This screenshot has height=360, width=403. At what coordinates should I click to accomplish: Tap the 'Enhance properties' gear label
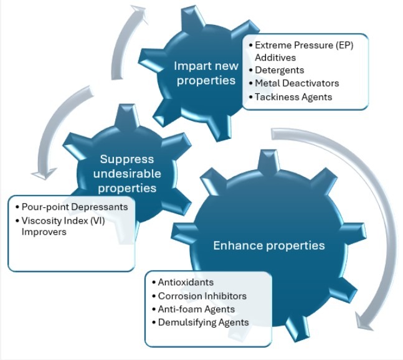[268, 245]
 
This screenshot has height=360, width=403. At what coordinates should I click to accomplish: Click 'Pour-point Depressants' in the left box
[74, 207]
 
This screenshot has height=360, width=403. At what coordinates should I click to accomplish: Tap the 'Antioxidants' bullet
[185, 282]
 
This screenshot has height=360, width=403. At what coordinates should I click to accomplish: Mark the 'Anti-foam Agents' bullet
[196, 309]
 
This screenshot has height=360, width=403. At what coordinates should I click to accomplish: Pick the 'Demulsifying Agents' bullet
[203, 322]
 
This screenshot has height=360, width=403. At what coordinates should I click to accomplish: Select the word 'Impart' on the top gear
[190, 66]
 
